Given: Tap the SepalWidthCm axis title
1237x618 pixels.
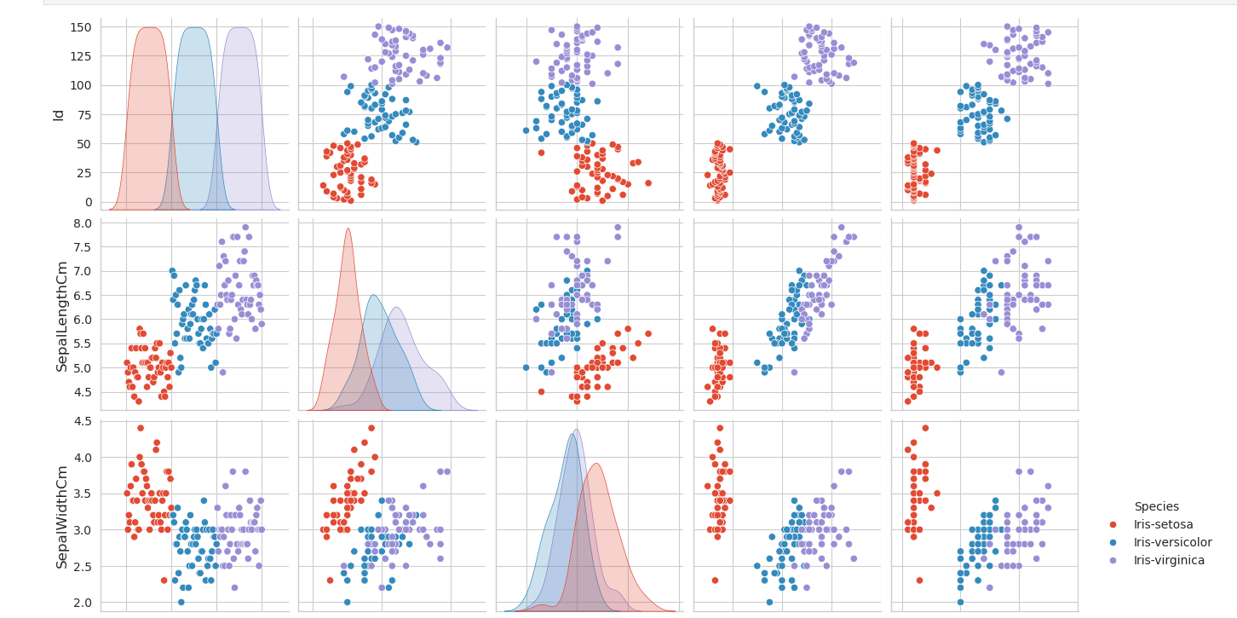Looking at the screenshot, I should coord(61,517).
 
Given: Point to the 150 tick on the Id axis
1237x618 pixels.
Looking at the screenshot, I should coord(80,27).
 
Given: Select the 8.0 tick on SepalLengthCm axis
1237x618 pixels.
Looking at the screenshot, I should coord(80,223).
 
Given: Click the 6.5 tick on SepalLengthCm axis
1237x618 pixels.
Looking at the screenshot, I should coord(80,296).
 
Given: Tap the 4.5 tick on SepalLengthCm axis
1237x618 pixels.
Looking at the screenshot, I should coord(80,392).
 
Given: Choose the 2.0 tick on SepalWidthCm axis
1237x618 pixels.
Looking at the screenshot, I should coord(80,603).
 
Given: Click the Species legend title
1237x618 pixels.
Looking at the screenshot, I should coord(1156,506).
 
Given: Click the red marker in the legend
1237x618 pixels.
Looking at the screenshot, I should coord(1113,525).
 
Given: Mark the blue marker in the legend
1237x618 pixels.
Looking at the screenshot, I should coord(1113,543).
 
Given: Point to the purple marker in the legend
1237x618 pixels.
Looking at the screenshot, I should coord(1113,561).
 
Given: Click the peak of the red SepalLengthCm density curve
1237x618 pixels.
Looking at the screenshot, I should coord(348,228).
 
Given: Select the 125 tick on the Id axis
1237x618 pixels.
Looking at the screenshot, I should coord(80,56).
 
